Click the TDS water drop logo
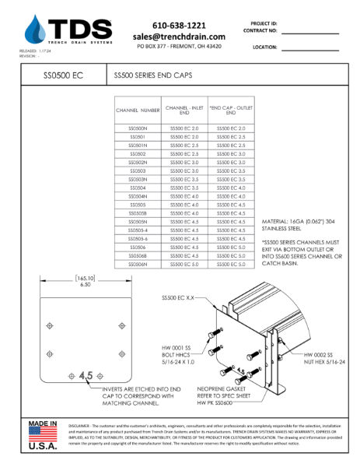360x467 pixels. [35, 30]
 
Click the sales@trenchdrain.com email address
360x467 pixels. [179, 37]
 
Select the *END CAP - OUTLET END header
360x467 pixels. [231, 111]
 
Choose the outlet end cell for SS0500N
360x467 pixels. [231, 128]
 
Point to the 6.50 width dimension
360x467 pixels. [84, 285]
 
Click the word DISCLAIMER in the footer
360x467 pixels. [84, 427]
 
